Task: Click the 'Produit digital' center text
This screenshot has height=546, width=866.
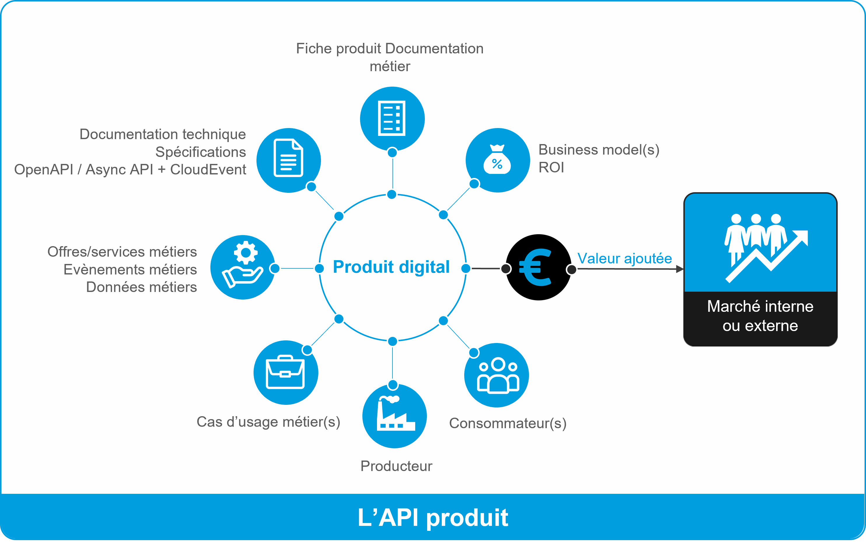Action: (x=391, y=267)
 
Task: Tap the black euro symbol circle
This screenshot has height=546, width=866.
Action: (x=538, y=267)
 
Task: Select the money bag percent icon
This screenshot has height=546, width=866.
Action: (x=497, y=160)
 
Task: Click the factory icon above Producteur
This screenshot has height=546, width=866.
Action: (x=394, y=416)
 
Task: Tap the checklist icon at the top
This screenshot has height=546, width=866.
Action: (x=392, y=119)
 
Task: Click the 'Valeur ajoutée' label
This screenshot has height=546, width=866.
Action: (x=624, y=258)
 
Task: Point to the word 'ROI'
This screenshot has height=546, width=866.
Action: (x=551, y=167)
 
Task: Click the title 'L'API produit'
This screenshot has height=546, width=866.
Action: (x=433, y=518)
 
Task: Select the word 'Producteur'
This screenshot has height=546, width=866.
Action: (x=396, y=466)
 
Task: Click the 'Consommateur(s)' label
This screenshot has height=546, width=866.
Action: (x=508, y=423)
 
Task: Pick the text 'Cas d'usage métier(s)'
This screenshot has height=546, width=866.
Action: (x=268, y=422)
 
